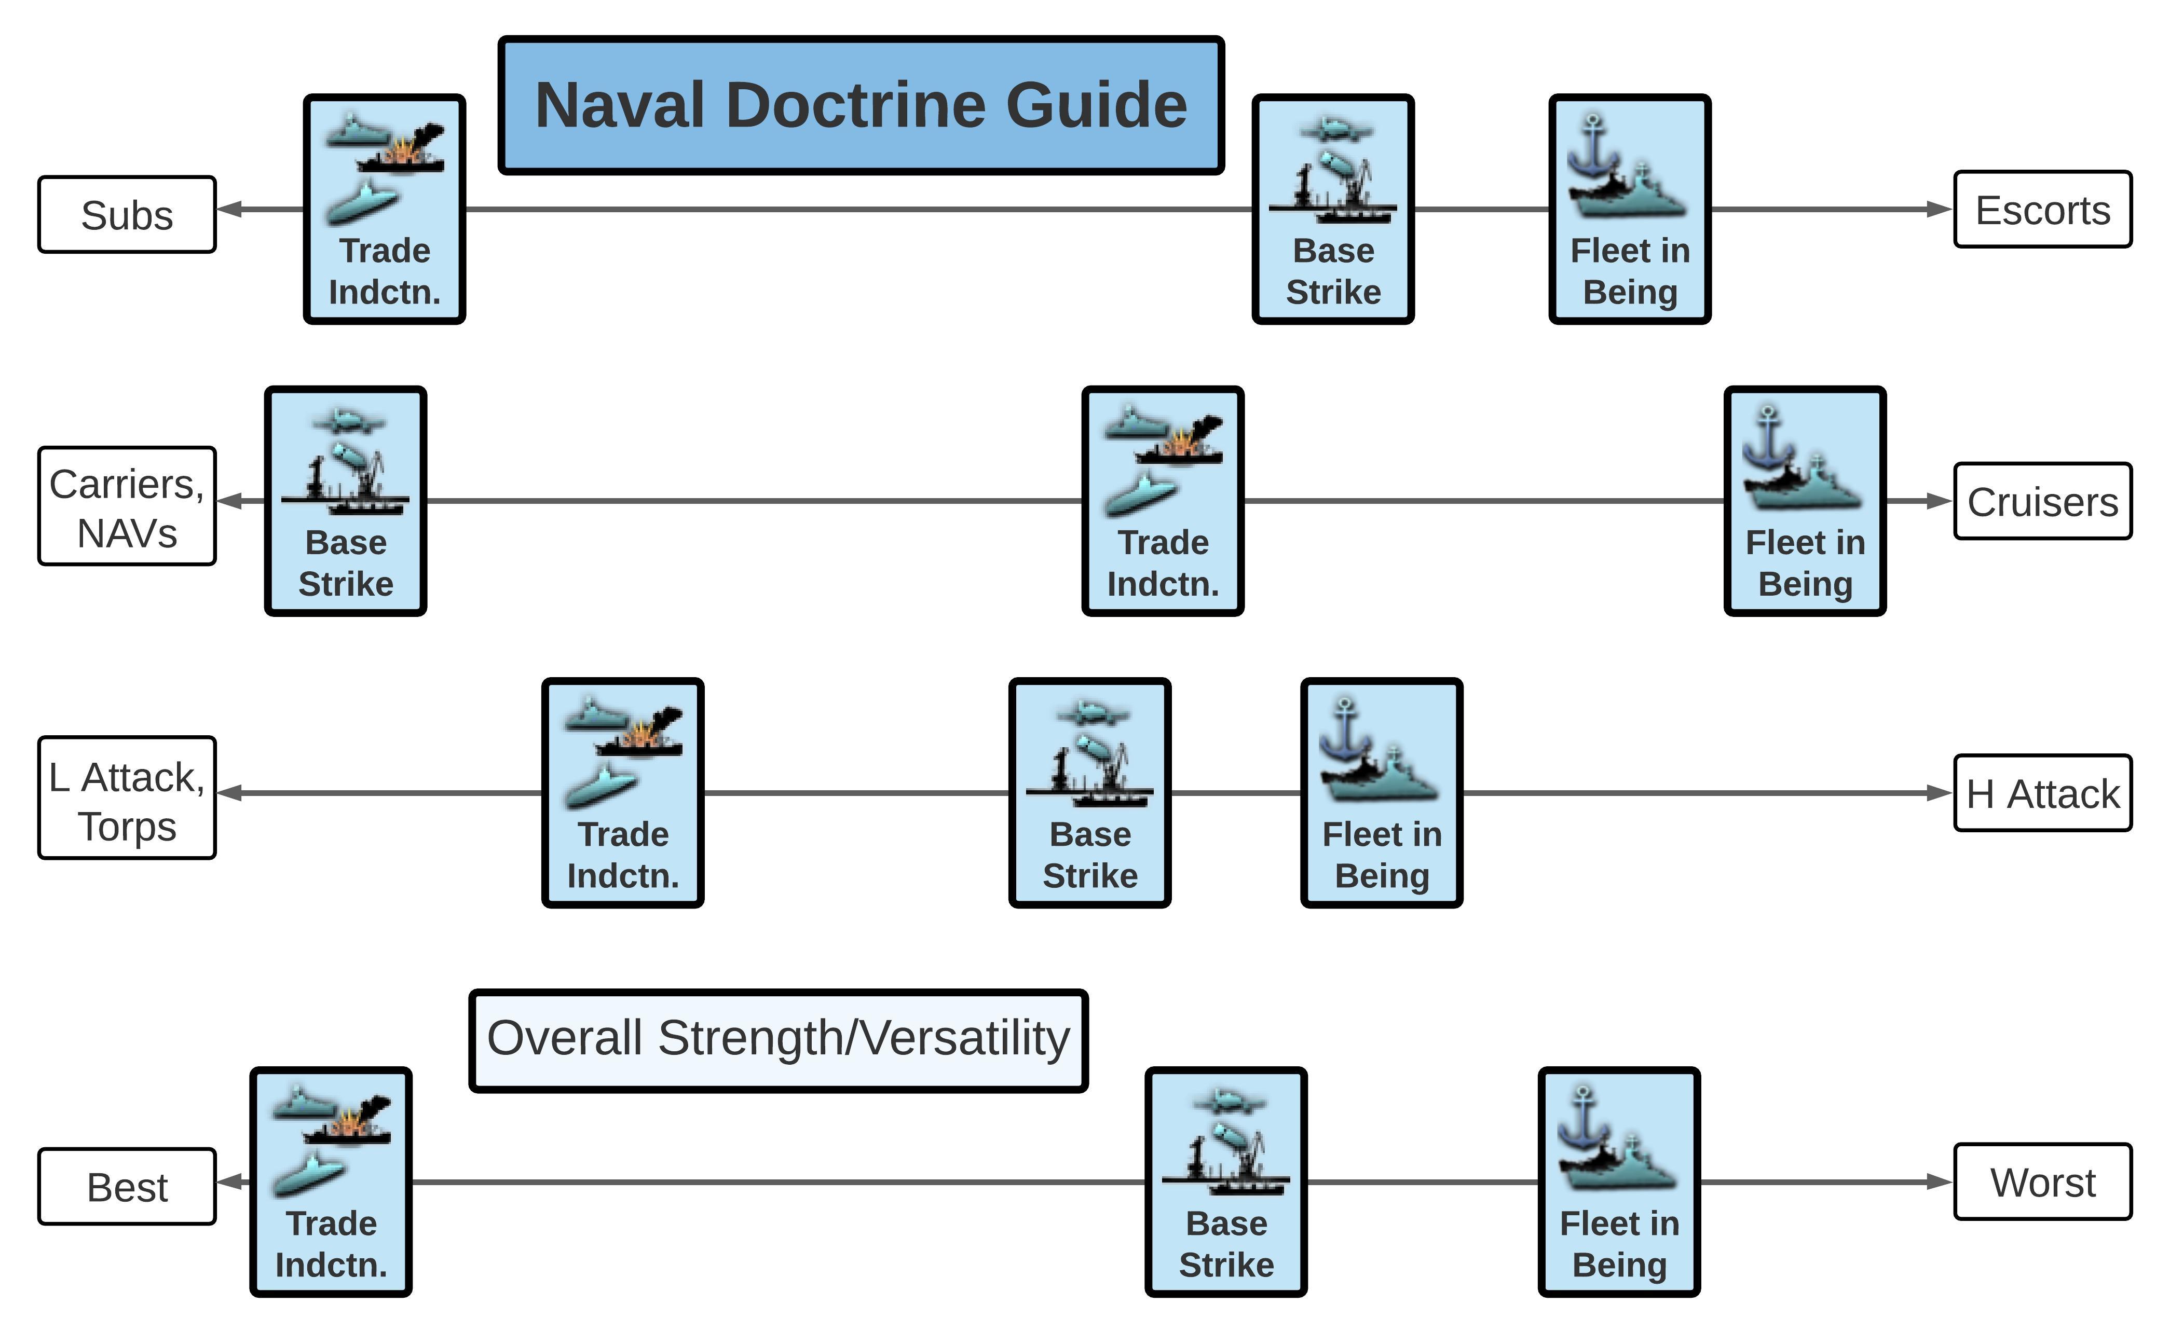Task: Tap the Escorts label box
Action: pos(2042,210)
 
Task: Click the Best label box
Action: pos(127,1187)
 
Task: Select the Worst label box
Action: pos(2042,1182)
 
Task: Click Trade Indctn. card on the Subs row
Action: pos(385,210)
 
